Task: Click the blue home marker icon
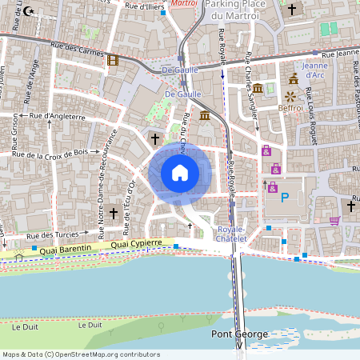pyautogui.click(x=180, y=173)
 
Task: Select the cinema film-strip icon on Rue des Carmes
pyautogui.click(x=112, y=60)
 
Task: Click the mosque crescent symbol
pyautogui.click(x=30, y=11)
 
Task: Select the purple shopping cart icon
pyautogui.click(x=334, y=220)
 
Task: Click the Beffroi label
pyautogui.click(x=290, y=106)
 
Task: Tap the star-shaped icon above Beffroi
pyautogui.click(x=290, y=94)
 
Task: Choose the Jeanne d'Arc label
pyautogui.click(x=315, y=70)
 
